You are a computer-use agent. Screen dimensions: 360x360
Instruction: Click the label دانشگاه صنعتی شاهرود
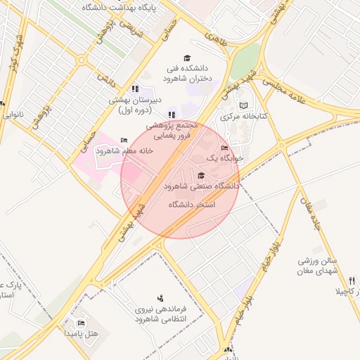point(202,187)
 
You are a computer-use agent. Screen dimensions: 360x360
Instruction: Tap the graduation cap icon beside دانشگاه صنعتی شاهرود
point(202,176)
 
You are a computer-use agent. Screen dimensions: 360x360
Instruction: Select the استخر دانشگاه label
point(192,204)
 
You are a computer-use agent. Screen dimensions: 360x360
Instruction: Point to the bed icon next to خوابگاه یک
point(225,148)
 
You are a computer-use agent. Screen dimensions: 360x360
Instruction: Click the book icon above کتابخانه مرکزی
point(243,105)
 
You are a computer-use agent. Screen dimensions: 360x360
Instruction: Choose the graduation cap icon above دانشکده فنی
point(187,58)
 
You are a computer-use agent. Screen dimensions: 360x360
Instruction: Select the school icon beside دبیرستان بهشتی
point(135,89)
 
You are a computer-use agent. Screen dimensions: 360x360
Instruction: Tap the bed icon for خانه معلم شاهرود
point(124,140)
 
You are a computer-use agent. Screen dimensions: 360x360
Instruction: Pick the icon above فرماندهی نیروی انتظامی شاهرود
point(160,297)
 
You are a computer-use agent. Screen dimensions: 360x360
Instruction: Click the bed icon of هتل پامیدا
point(81,323)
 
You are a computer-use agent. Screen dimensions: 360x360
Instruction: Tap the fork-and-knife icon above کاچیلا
point(352,281)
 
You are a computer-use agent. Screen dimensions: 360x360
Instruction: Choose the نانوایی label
point(12,113)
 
